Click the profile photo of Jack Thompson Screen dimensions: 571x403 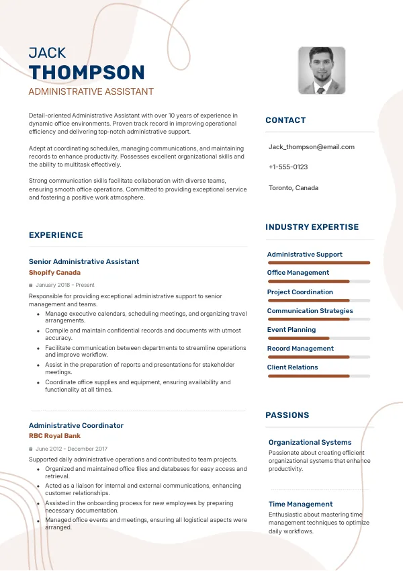[x=322, y=70]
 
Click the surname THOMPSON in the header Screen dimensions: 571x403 [x=87, y=73]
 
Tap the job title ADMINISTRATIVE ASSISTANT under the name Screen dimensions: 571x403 [x=91, y=91]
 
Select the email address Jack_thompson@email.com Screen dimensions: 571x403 [x=311, y=146]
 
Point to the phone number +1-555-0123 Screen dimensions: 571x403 [x=288, y=167]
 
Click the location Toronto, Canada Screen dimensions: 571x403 [x=294, y=188]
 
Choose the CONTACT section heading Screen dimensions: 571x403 [x=285, y=120]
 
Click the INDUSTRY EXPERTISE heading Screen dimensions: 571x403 [x=312, y=227]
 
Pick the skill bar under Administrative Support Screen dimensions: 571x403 [x=319, y=263]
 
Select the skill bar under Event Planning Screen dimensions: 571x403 [x=319, y=338]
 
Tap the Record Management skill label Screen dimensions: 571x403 [x=300, y=349]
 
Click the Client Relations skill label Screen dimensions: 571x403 [x=292, y=367]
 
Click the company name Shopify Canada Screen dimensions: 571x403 [x=54, y=273]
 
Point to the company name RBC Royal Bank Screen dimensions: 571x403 [x=54, y=436]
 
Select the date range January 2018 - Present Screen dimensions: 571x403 [x=65, y=285]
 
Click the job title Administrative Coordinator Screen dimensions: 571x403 [x=76, y=425]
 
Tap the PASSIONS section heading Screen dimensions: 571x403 [x=287, y=415]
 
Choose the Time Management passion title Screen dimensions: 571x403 [x=300, y=504]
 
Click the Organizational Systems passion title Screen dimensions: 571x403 [x=310, y=442]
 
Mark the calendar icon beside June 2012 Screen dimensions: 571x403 [x=31, y=449]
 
